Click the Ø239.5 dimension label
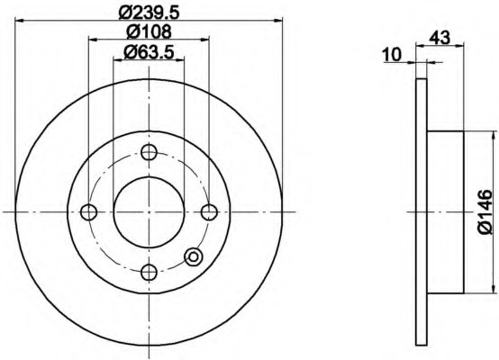(149, 12)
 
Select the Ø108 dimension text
(149, 31)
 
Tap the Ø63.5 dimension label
(149, 51)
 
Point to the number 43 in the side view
(440, 38)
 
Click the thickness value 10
(393, 55)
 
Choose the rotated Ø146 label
(485, 212)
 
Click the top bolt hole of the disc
(149, 152)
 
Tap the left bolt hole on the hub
(89, 212)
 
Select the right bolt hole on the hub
(209, 212)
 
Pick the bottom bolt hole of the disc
(149, 272)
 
